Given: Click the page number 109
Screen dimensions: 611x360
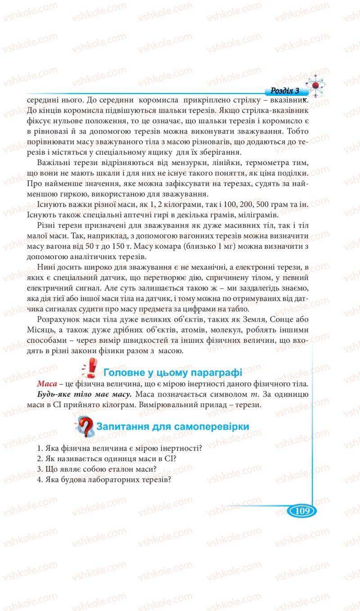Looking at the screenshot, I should tap(301, 511).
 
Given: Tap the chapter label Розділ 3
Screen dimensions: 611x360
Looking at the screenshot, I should tap(285, 90).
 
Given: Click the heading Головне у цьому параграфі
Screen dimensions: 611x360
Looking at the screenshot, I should tap(173, 373).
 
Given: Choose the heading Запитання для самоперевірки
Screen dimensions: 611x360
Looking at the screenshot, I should tap(173, 426).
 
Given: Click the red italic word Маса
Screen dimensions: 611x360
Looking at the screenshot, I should tap(47, 384).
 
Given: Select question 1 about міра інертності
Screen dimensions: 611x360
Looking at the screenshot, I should tap(119, 448).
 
